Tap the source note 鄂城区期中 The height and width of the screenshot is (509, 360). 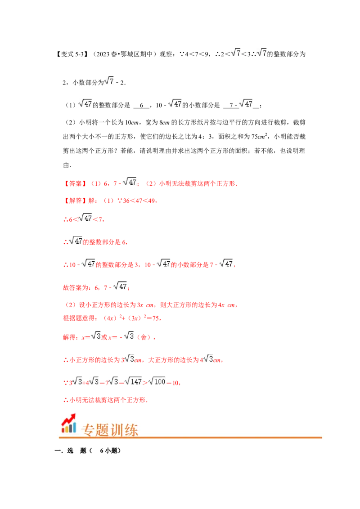tap(136, 54)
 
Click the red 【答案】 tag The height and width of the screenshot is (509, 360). tap(75, 184)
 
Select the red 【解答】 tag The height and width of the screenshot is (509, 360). tap(75, 201)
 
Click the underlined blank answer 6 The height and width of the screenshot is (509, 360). tap(141, 106)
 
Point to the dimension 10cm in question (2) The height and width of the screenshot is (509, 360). tap(132, 123)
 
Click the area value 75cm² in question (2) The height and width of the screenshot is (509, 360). tap(259, 136)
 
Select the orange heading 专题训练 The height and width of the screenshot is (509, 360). tap(110, 430)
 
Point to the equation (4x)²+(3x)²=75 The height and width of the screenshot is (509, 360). tap(131, 318)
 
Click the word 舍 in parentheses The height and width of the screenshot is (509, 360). tap(144, 337)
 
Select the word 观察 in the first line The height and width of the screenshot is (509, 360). tap(166, 54)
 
